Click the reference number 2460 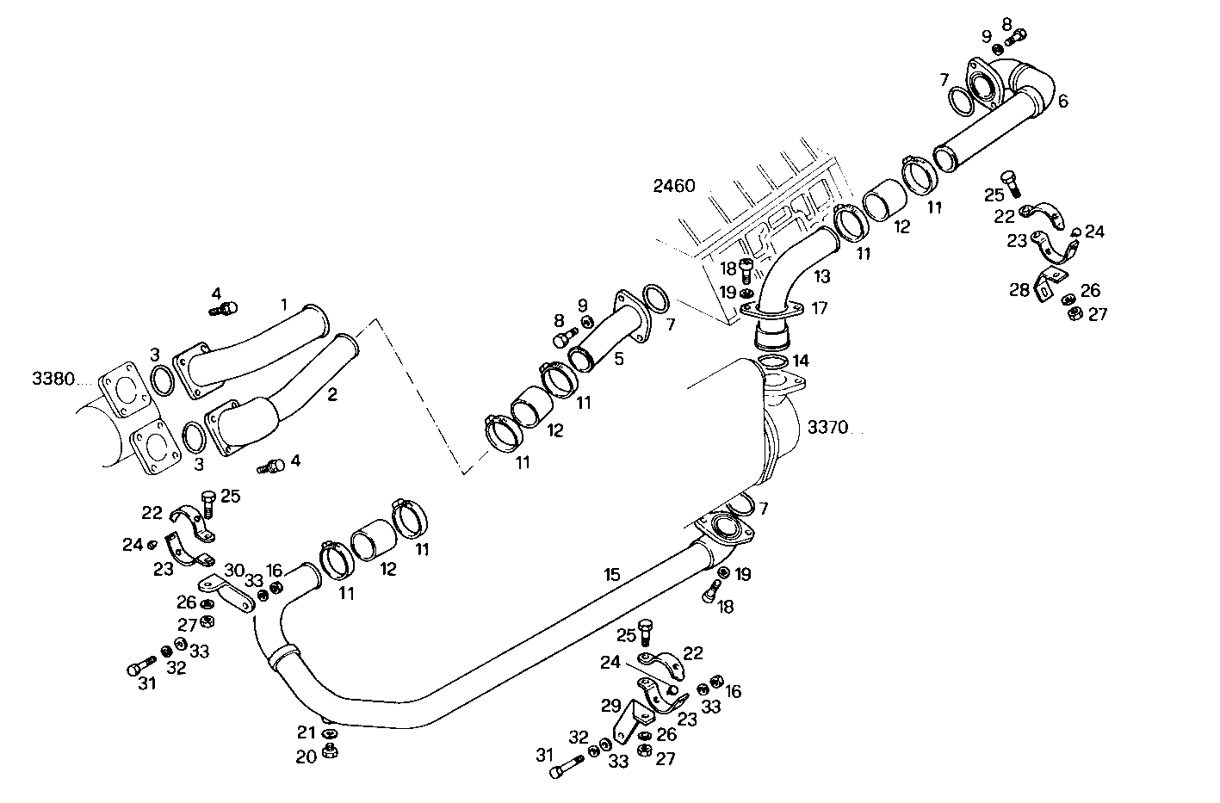click(x=673, y=187)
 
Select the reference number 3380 click(x=53, y=379)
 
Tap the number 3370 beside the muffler click(x=827, y=427)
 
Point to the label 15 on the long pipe click(x=612, y=574)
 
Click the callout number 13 click(x=822, y=276)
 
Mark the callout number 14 click(x=801, y=360)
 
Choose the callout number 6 click(x=1062, y=102)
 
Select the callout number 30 click(x=234, y=569)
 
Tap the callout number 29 click(x=610, y=706)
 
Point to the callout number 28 click(x=1019, y=290)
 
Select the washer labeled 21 click(x=329, y=733)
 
